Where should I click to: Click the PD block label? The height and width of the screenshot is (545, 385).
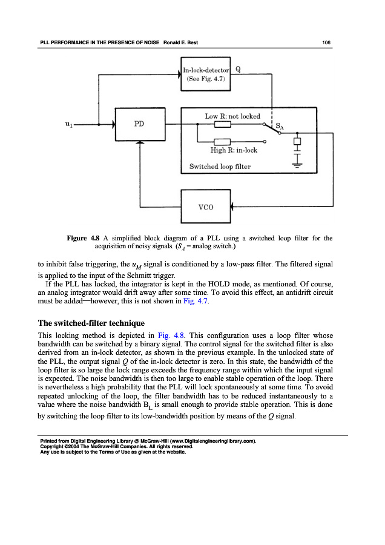(139, 124)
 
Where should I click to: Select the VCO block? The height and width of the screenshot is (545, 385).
(206, 206)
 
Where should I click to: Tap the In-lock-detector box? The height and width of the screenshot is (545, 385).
(206, 73)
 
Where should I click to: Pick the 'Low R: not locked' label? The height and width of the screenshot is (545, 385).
(232, 116)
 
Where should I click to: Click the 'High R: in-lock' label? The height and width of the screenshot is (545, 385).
(234, 150)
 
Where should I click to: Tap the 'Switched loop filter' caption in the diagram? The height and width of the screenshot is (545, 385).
(220, 166)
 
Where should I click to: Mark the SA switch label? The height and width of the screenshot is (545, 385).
(280, 127)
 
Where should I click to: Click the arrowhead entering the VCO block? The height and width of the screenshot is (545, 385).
(233, 206)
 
